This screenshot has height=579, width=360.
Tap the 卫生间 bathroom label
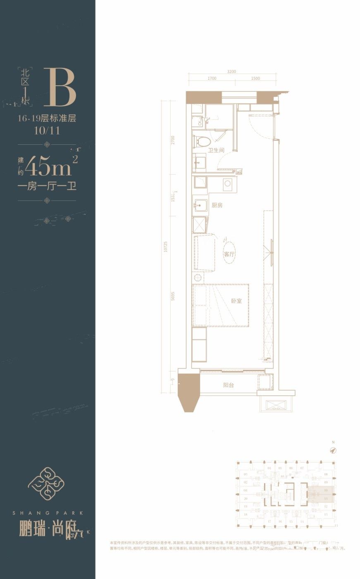click(216, 150)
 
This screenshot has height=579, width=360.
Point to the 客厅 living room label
click(229, 254)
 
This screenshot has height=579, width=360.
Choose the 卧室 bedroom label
click(236, 301)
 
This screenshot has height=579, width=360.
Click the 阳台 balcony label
click(229, 385)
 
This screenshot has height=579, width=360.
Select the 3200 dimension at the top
click(231, 71)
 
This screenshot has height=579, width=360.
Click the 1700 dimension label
click(212, 78)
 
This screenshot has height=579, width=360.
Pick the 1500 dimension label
click(255, 78)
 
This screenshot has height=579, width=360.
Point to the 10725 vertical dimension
click(165, 246)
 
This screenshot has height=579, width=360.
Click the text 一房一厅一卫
click(47, 186)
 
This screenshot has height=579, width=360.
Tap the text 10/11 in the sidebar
click(47, 130)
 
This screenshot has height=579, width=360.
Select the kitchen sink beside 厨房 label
click(200, 205)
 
